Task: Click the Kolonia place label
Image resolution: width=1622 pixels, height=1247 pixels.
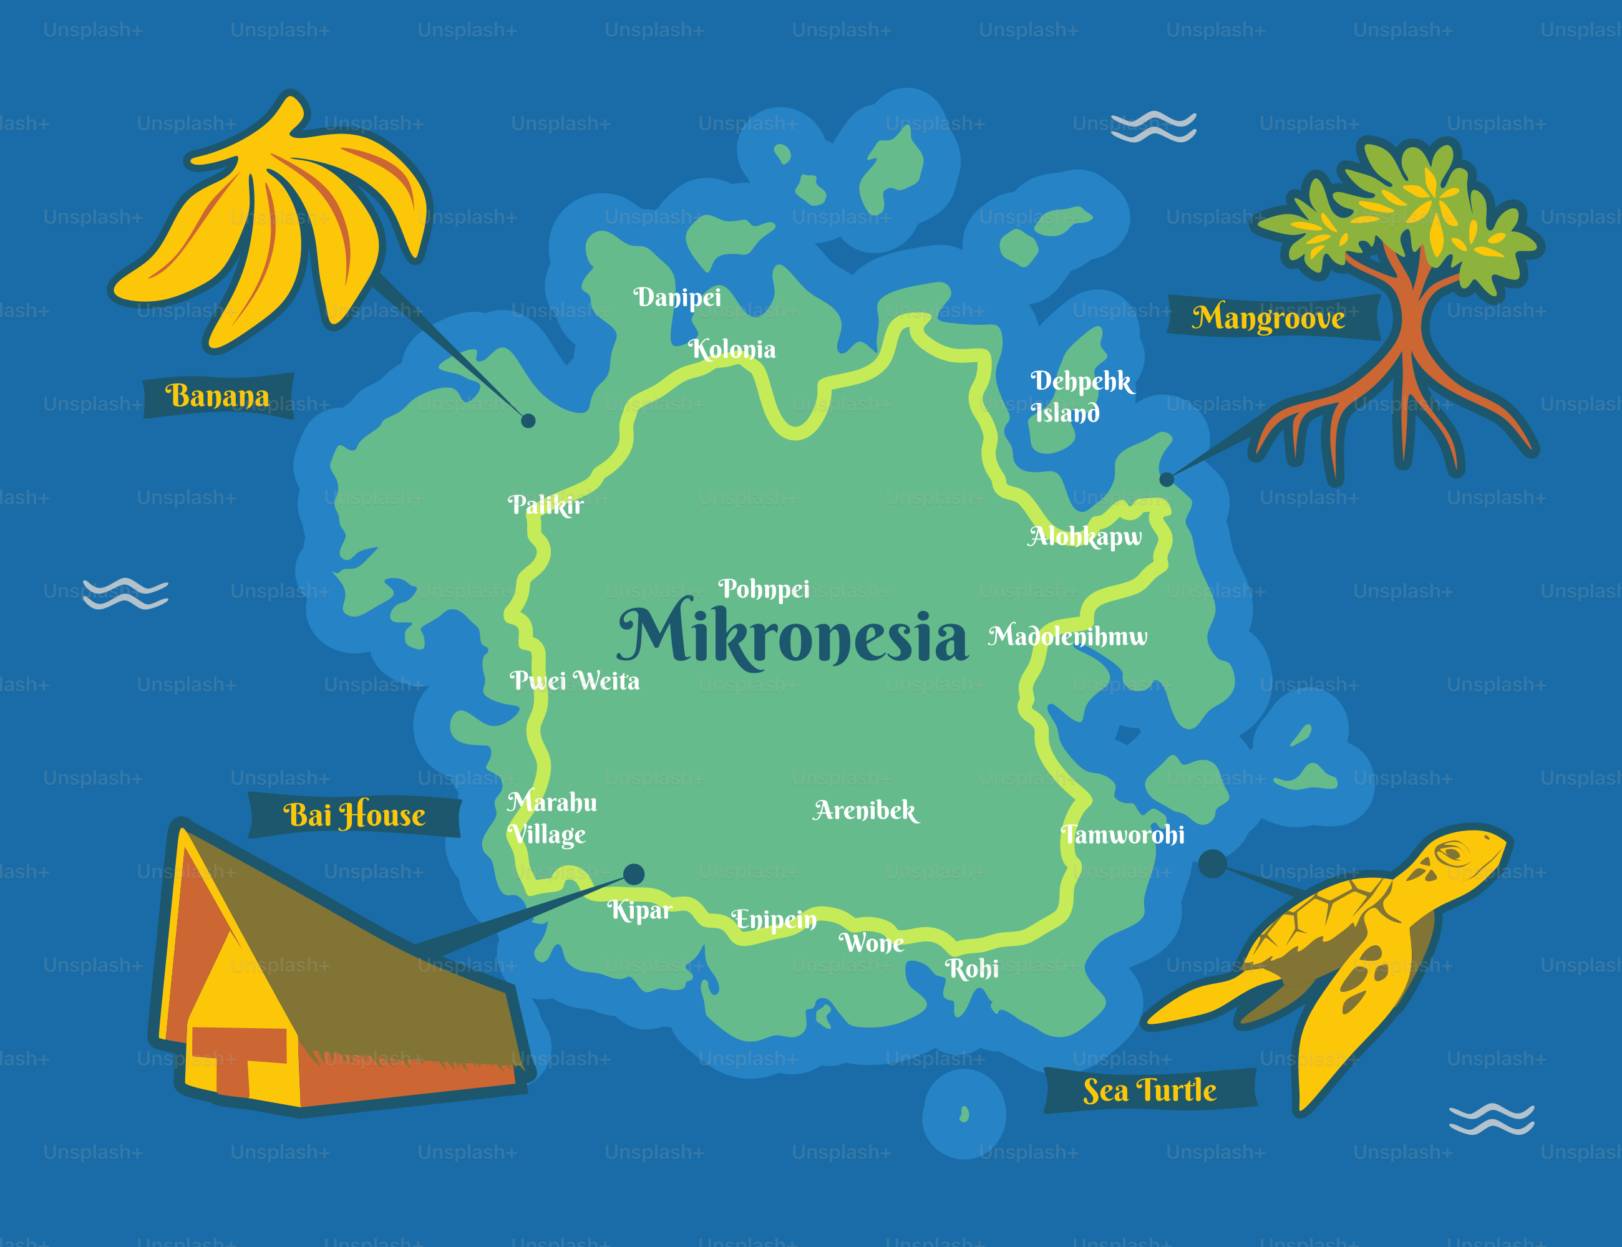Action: [x=732, y=349]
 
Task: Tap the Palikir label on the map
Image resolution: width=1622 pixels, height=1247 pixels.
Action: [x=546, y=505]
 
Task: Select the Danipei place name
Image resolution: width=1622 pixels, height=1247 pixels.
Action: [x=677, y=297]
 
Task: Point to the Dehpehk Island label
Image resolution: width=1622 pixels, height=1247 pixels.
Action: [x=1081, y=397]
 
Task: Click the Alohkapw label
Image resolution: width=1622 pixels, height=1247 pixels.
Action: [x=1085, y=536]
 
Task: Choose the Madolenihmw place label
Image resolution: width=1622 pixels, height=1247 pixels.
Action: [x=1068, y=636]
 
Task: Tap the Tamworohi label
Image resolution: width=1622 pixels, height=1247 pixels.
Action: [x=1123, y=835]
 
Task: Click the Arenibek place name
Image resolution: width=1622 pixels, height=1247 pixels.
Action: [x=866, y=811]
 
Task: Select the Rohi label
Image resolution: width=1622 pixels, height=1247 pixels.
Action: [x=972, y=969]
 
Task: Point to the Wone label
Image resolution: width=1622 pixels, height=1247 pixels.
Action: [x=872, y=943]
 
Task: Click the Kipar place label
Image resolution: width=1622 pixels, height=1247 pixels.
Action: [x=639, y=910]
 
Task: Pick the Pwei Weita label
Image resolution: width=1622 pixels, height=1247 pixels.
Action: [x=574, y=681]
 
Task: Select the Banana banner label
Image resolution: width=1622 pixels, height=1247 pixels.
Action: [x=218, y=397]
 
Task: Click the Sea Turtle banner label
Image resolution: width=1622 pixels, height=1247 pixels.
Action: [x=1150, y=1091]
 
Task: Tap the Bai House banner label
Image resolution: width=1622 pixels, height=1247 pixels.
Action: [x=354, y=815]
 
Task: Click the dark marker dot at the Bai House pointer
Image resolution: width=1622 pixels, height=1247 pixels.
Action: [x=633, y=874]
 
